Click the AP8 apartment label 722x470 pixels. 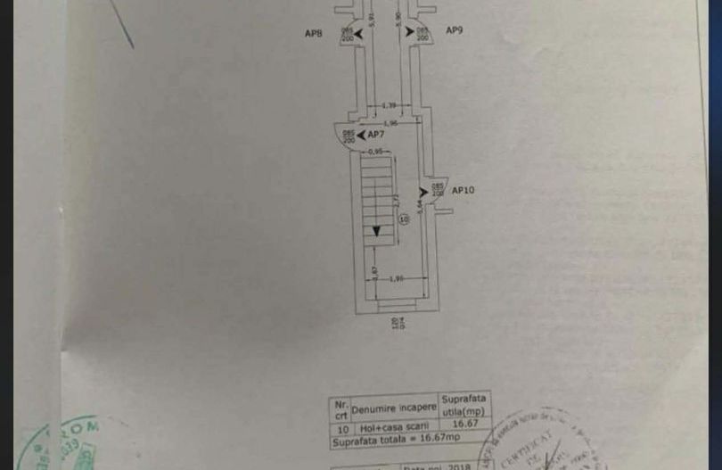pyautogui.click(x=313, y=33)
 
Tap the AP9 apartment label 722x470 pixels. pyautogui.click(x=454, y=30)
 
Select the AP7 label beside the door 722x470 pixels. pyautogui.click(x=375, y=135)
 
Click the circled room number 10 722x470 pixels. pyautogui.click(x=404, y=219)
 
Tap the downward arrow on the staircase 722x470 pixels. pyautogui.click(x=377, y=231)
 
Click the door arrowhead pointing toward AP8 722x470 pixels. pyautogui.click(x=346, y=32)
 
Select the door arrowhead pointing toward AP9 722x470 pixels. pyautogui.click(x=410, y=31)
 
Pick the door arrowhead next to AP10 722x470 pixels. pyautogui.click(x=424, y=190)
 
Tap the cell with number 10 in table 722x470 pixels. pyautogui.click(x=338, y=425)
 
